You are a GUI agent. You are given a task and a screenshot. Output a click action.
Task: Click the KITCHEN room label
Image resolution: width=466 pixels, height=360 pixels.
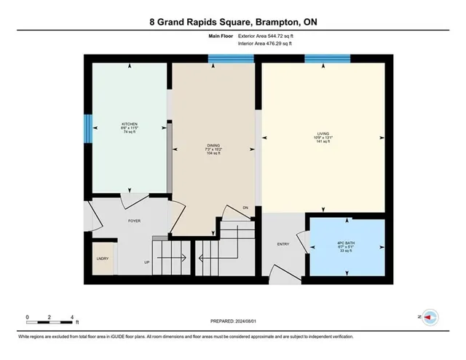pos(130,124)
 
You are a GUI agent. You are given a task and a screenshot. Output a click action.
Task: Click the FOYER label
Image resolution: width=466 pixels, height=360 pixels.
pos(134,220)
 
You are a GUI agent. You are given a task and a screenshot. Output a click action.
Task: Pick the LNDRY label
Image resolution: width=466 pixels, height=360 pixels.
pos(103,258)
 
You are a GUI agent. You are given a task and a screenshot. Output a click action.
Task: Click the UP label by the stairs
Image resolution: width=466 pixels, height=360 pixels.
pos(147,262)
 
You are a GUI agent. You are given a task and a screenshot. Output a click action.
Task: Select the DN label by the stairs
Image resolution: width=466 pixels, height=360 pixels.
pos(245,208)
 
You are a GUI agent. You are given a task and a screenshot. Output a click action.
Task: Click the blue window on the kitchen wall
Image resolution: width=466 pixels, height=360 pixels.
pos(88,130)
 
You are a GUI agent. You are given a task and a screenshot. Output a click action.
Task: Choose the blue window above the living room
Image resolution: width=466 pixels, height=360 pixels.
pos(322,59)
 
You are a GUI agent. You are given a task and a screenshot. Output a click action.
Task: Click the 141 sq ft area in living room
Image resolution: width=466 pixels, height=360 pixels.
pos(322,142)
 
